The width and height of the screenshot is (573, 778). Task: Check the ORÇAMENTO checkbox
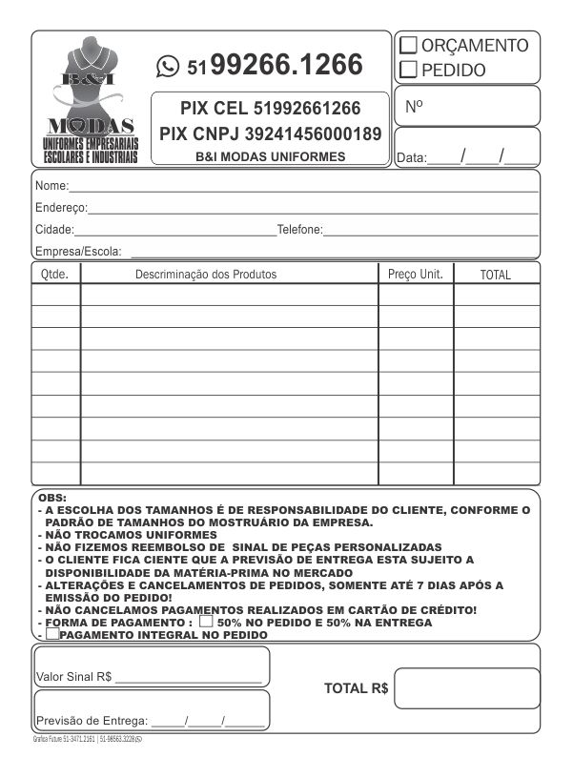(x=408, y=45)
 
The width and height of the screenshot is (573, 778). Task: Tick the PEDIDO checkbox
(x=408, y=69)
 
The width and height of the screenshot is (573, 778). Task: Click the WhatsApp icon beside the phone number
(x=169, y=65)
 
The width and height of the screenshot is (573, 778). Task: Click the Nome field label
(x=51, y=185)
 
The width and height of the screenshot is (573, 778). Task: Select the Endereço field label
(x=61, y=207)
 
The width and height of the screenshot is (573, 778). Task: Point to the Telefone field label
(x=299, y=230)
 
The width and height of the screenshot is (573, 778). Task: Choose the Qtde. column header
(x=56, y=275)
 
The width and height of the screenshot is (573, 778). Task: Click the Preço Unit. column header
(x=416, y=275)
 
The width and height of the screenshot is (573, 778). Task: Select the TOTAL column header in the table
(x=495, y=275)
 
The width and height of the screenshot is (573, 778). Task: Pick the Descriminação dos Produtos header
(x=206, y=275)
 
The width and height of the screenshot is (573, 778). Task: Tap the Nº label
(x=414, y=107)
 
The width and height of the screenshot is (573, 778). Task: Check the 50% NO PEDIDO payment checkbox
(x=206, y=621)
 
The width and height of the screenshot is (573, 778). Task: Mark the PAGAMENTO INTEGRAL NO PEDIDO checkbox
(x=51, y=633)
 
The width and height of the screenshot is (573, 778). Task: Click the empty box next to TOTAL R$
(x=467, y=688)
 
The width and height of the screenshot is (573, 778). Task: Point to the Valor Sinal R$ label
(x=73, y=677)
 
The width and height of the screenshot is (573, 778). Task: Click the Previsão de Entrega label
(x=92, y=721)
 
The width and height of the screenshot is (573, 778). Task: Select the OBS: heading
(x=51, y=498)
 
